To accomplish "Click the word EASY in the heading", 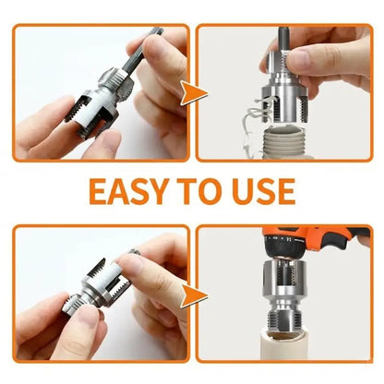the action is [129, 191].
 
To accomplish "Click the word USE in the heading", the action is [264, 191].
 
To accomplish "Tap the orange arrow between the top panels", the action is [193, 93].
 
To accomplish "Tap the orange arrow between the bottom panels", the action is [193, 295].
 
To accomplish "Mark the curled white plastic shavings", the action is [256, 123].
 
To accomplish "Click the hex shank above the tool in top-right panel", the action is [282, 41].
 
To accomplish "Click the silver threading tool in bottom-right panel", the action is [284, 294].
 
